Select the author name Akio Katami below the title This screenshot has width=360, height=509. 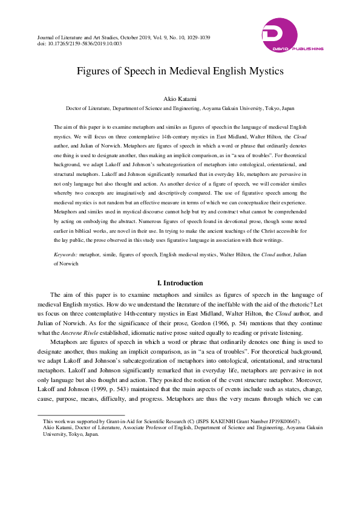pyautogui.click(x=180, y=99)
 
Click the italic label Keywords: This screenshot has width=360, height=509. pyautogui.click(x=65, y=256)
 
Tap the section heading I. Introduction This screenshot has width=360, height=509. pyautogui.click(x=180, y=283)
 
